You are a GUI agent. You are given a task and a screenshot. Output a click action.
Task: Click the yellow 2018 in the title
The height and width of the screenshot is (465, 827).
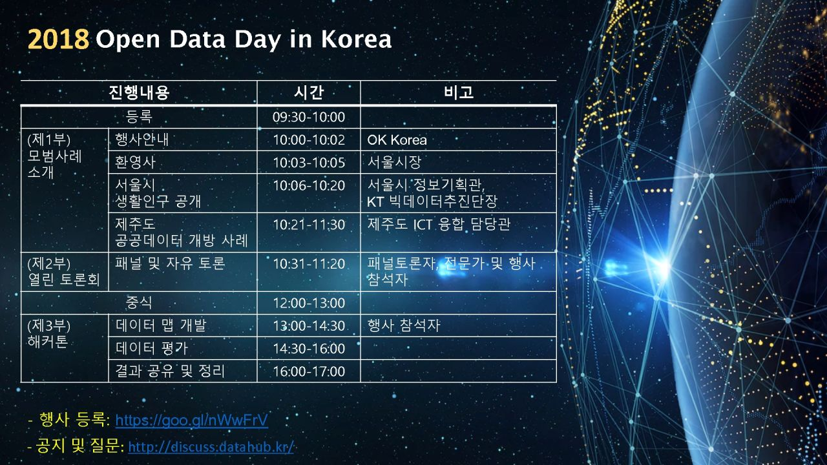point(58,39)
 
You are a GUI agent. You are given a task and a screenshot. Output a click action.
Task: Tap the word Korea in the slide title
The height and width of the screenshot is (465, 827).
point(356,39)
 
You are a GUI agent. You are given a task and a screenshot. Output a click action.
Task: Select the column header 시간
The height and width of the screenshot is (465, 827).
point(309,92)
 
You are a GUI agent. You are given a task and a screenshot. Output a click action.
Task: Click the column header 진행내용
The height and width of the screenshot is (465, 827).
point(139,92)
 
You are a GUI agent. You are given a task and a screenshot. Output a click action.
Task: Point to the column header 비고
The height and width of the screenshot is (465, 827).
point(459,92)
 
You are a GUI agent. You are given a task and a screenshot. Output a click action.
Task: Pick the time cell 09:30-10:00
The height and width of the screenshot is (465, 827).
point(309,118)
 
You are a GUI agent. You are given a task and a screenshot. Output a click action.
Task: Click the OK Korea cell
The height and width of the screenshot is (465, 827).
point(397,140)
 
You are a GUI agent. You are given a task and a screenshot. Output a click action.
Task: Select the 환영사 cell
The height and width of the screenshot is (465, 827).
point(135,162)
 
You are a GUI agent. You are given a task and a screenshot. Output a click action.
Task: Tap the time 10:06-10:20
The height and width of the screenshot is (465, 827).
point(309,185)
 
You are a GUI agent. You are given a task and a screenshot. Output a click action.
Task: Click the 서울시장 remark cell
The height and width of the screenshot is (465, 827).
point(394,162)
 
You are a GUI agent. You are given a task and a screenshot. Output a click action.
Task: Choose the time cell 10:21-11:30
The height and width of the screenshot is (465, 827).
point(309,224)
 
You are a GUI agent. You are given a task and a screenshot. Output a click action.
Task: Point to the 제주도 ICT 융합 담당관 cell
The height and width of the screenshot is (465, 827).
point(439,224)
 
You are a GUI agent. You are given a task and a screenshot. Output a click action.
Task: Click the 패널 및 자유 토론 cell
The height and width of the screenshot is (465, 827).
point(170,263)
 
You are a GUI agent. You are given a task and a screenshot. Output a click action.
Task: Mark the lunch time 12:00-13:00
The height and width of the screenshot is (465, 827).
point(309,303)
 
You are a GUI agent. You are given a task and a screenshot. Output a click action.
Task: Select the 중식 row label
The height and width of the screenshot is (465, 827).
point(139,303)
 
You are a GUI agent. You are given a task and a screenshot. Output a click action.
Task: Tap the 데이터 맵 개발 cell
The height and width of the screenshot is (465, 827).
point(161,325)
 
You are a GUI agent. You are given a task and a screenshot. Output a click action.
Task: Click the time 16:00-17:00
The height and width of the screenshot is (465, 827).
point(309,371)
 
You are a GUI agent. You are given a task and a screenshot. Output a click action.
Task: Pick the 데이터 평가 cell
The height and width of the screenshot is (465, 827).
point(151,348)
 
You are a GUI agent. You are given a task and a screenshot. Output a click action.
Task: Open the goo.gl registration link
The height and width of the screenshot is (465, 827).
point(192,420)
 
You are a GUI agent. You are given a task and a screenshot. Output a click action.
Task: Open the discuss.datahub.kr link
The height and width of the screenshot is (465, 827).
point(211,448)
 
